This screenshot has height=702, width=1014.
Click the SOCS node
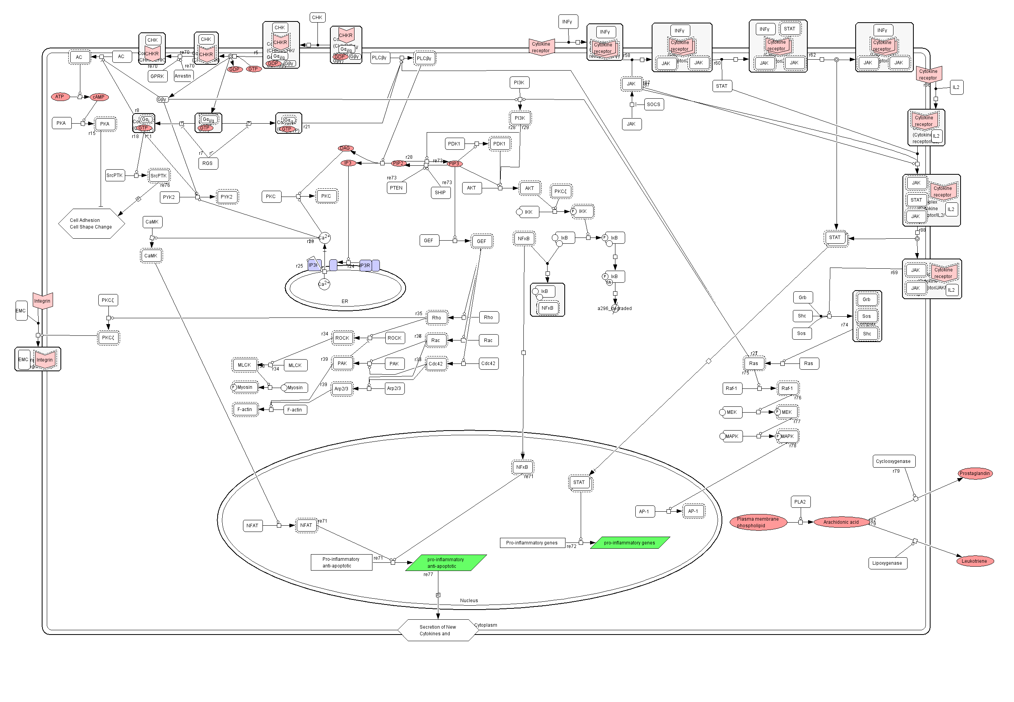(x=653, y=104)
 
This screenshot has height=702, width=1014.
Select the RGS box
(x=207, y=163)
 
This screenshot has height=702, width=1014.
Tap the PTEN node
(x=396, y=188)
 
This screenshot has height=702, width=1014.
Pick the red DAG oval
(x=345, y=148)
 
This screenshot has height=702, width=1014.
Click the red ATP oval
(x=60, y=97)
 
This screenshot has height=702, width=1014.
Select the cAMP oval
(x=99, y=97)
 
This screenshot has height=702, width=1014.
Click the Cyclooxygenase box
(x=893, y=461)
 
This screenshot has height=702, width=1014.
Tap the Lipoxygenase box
(x=887, y=563)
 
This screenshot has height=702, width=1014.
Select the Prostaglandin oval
(x=975, y=474)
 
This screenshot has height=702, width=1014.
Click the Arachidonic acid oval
(x=841, y=523)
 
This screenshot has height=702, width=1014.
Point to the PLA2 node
(x=800, y=502)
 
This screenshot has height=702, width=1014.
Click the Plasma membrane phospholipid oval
(x=758, y=523)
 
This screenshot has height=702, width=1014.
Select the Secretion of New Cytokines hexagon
(x=438, y=630)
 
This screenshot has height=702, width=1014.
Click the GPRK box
(x=157, y=76)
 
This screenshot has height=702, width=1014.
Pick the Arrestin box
(x=183, y=76)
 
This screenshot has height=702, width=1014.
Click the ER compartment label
(x=345, y=301)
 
